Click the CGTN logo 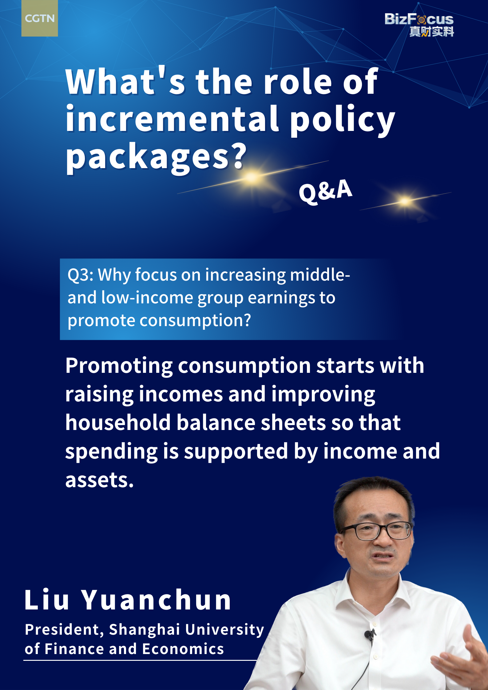[39, 18]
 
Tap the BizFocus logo [419, 25]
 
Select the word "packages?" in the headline [156, 158]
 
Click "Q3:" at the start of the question [81, 275]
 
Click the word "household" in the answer [118, 422]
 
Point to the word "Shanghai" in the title [145, 630]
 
